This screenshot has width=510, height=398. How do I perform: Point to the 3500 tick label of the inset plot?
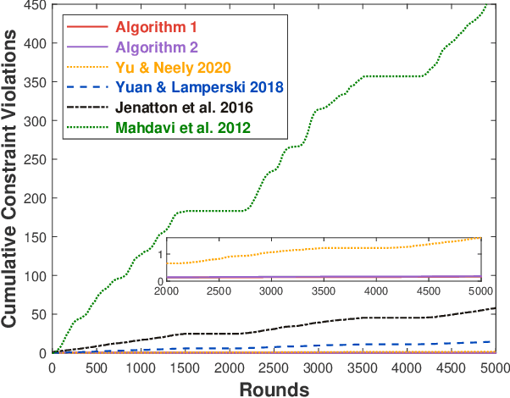pyautogui.click(x=323, y=292)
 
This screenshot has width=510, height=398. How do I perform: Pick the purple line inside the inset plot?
pyautogui.click(x=322, y=276)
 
